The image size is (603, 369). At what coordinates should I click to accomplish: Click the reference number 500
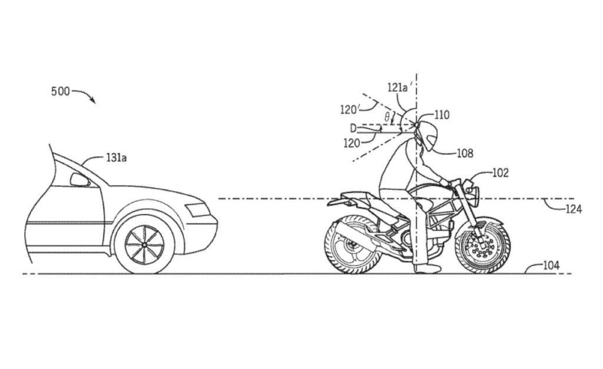[61, 91]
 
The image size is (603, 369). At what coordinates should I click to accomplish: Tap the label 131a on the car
[116, 158]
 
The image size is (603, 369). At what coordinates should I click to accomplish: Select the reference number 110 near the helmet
[442, 115]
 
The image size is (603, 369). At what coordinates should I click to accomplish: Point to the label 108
[465, 153]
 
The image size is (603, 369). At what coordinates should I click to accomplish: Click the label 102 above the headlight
[501, 173]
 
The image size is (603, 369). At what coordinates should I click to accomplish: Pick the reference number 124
[574, 209]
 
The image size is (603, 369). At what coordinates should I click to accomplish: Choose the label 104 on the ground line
[551, 265]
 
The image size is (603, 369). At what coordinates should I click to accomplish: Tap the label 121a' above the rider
[400, 88]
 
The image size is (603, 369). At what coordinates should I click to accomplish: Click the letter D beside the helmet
[353, 128]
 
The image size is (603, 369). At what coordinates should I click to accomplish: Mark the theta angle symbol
[387, 117]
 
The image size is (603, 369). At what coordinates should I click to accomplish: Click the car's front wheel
[144, 245]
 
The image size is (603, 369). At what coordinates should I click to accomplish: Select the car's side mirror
[79, 179]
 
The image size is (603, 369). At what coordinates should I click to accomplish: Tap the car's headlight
[196, 210]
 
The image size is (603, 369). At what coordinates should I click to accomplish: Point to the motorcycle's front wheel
[483, 245]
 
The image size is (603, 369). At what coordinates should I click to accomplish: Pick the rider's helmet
[427, 135]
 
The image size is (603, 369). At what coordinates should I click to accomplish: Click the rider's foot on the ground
[426, 269]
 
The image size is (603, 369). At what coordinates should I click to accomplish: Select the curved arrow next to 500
[84, 95]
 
